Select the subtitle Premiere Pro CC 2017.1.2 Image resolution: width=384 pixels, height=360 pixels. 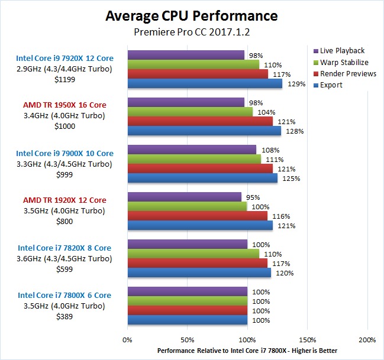point(192,31)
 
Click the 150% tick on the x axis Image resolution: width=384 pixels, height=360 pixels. point(308,340)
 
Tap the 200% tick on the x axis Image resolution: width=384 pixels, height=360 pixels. point(367,340)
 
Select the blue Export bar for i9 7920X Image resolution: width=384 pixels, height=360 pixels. point(205,84)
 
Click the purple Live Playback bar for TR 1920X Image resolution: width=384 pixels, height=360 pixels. point(184,197)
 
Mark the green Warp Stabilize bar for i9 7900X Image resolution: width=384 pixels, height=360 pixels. point(194,159)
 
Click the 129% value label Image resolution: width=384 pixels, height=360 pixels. point(297,84)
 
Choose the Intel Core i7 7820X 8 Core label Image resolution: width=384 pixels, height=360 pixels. point(64,248)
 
